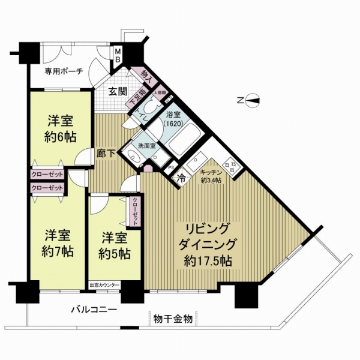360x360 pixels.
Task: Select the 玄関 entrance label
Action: pos(117,92)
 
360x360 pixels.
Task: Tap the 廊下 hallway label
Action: pos(105,154)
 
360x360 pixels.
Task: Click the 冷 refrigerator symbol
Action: pos(180,178)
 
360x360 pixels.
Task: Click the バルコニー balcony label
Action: pos(92,310)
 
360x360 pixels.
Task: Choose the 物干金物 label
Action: pos(173,319)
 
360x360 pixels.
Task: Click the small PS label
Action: pos(170,168)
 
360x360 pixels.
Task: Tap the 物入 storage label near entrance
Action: pos(145,75)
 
